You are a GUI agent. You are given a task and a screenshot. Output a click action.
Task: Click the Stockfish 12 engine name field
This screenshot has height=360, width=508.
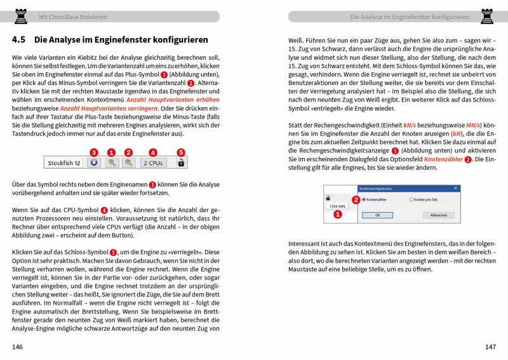(x=64, y=163)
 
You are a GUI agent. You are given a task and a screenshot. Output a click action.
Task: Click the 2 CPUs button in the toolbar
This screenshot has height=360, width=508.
(x=152, y=163)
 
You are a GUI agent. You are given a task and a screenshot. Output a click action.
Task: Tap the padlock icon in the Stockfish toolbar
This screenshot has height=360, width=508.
(x=181, y=163)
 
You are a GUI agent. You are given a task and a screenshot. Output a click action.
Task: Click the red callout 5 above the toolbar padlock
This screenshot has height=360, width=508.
(x=181, y=152)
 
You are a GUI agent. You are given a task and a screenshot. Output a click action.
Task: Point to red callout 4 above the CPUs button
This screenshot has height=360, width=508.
(x=152, y=152)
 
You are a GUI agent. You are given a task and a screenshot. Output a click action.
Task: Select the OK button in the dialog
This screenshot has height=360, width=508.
(x=377, y=215)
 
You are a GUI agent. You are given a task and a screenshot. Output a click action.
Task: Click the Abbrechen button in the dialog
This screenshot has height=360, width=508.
(x=438, y=215)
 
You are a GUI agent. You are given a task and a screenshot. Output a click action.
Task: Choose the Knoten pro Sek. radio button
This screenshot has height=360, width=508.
(x=412, y=199)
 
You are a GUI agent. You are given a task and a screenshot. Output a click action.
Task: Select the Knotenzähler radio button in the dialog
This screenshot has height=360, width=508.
(x=363, y=199)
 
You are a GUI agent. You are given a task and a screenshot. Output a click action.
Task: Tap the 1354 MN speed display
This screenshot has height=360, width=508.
(x=337, y=206)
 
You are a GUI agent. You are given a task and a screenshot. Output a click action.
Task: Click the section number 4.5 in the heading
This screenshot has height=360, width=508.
(x=19, y=39)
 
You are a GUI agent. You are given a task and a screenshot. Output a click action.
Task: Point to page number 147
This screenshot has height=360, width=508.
(x=490, y=347)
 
